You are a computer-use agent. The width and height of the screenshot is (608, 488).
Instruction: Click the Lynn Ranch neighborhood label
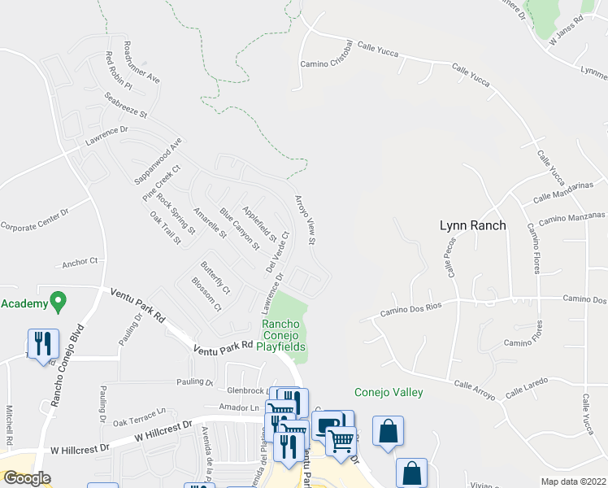(472, 225)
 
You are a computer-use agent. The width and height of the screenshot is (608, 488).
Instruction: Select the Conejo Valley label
(388, 392)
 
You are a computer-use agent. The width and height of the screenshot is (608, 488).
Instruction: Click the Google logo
(27, 478)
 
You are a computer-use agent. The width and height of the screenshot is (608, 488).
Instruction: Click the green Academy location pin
(57, 303)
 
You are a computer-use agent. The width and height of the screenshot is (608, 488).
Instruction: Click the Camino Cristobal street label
(325, 54)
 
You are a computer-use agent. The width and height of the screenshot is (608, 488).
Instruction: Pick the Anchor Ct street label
(80, 262)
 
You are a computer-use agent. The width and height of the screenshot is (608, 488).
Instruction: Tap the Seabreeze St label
(125, 105)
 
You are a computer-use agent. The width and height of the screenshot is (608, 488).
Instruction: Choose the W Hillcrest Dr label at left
(80, 447)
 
